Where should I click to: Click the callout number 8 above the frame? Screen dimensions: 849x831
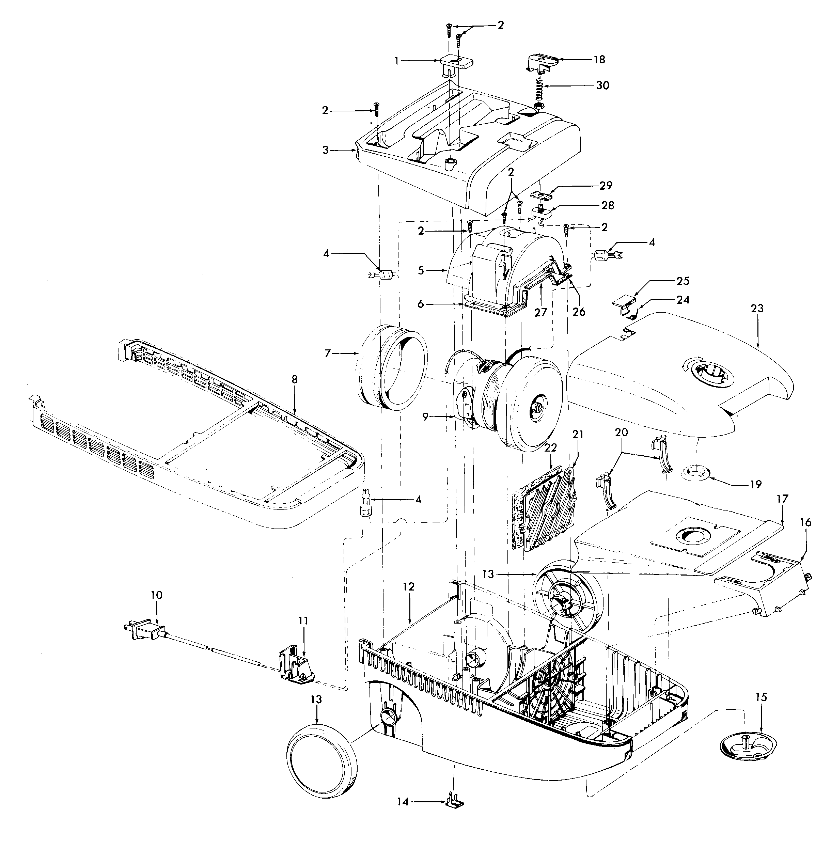click(295, 380)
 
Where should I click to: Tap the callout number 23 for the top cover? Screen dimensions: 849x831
click(757, 309)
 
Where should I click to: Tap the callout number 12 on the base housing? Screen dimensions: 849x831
click(408, 587)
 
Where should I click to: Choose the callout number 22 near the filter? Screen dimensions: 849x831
click(551, 447)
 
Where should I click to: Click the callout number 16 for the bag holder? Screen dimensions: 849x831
click(806, 522)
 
